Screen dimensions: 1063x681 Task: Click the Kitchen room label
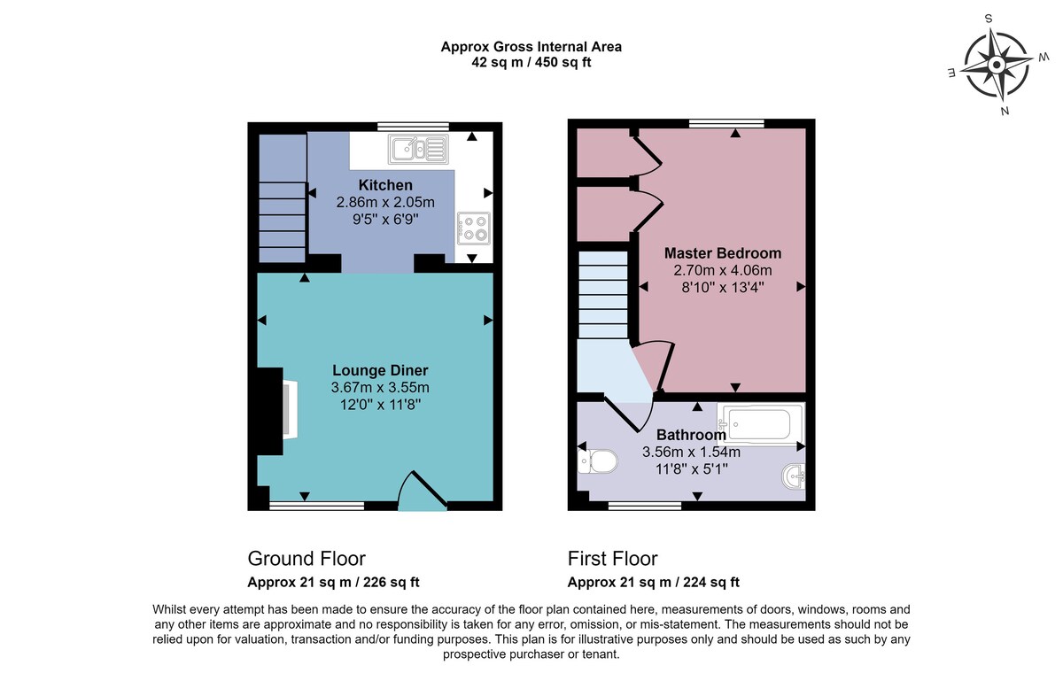[385, 184]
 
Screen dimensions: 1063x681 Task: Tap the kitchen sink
[418, 149]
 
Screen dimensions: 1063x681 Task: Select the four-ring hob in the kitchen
[474, 228]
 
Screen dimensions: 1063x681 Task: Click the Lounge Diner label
[380, 370]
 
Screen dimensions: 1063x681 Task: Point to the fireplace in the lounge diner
[277, 411]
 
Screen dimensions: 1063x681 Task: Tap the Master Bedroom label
[723, 253]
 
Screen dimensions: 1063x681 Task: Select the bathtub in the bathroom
[761, 424]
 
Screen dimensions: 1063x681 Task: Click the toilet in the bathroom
[597, 460]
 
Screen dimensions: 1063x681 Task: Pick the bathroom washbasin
[794, 476]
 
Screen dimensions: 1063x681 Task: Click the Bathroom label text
[691, 435]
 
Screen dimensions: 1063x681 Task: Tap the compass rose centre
[997, 65]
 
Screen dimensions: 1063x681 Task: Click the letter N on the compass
[1005, 112]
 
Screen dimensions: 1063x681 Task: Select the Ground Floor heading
[306, 559]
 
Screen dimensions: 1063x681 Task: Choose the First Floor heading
[613, 559]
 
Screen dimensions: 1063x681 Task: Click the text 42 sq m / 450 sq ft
[531, 62]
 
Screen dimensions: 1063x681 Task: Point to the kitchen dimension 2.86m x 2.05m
[385, 202]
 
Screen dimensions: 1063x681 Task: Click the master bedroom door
[655, 367]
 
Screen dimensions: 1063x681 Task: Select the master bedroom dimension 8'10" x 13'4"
[723, 287]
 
